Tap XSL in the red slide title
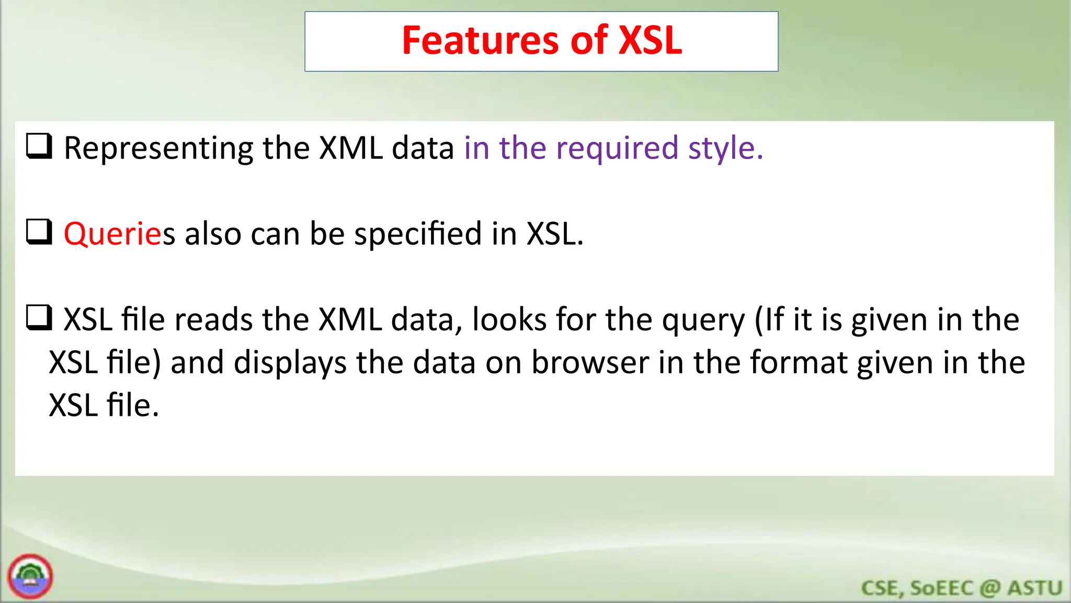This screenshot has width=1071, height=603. point(650,41)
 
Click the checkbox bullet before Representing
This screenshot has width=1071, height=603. point(39,146)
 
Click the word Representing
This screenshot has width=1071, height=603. point(158,149)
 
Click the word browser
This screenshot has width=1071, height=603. point(590,362)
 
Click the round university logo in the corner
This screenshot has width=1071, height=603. point(30,576)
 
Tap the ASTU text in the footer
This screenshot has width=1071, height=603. point(1035,588)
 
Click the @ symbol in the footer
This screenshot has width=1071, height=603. point(990,588)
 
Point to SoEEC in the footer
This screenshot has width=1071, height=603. point(941,588)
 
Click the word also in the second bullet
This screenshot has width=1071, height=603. point(213,233)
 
